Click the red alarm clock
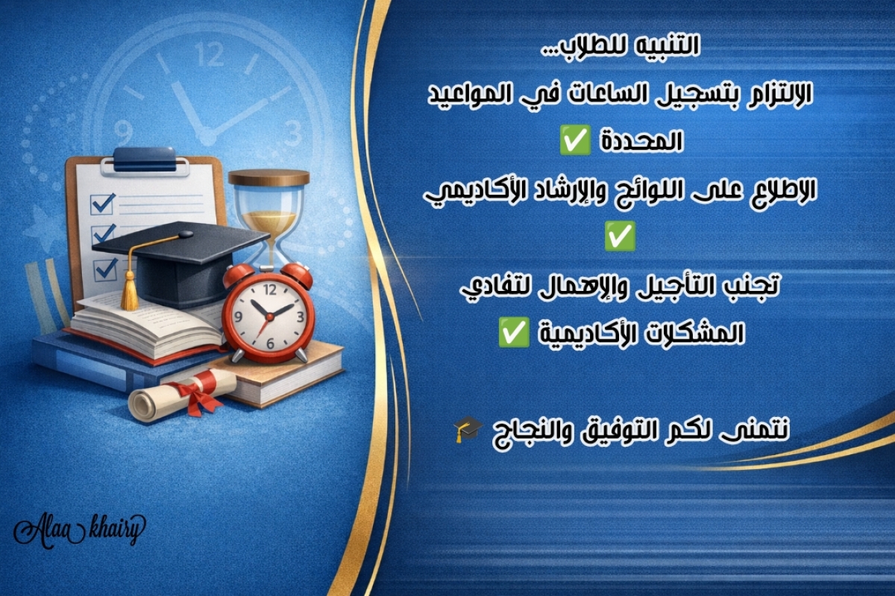[268, 314]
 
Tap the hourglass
[269, 216]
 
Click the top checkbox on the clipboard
[101, 203]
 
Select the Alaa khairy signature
[79, 530]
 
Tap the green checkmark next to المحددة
[575, 142]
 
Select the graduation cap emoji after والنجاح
[468, 428]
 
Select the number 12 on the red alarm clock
[269, 288]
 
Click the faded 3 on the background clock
[293, 134]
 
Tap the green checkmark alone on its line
[621, 238]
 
